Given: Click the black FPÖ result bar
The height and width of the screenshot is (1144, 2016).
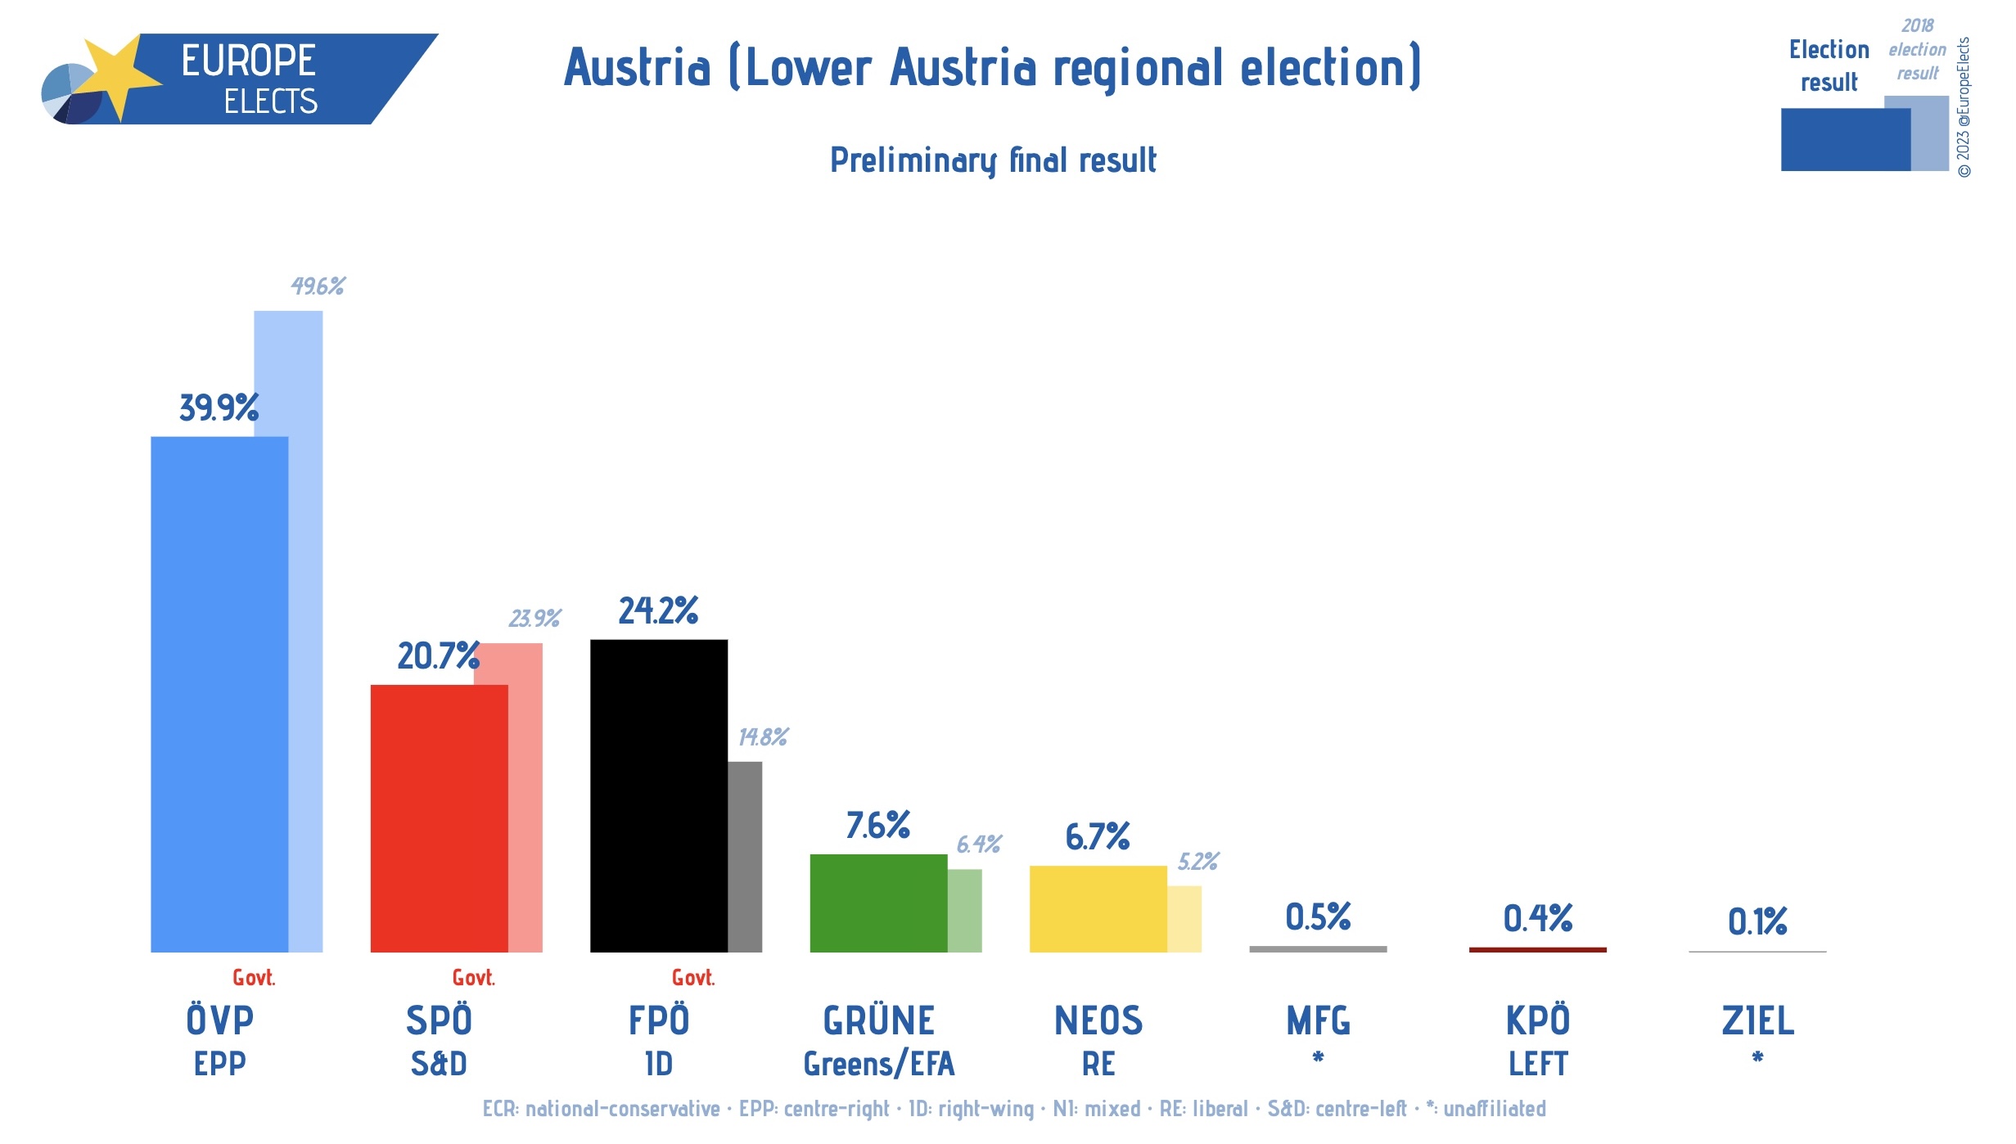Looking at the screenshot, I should (658, 795).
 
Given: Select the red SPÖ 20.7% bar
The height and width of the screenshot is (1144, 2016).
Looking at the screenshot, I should (439, 818).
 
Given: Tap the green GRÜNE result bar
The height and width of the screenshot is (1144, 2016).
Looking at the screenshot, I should (878, 903).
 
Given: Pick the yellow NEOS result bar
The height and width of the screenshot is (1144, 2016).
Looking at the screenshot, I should (1098, 909).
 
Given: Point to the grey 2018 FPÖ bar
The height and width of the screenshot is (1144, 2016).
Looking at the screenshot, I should (745, 857).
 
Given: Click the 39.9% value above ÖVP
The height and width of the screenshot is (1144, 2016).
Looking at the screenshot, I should (219, 408).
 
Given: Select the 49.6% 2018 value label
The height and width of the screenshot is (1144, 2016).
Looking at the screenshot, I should (318, 286).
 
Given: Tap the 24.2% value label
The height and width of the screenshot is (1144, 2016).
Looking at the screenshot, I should (658, 610).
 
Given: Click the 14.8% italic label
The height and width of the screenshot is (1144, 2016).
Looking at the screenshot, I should (762, 737).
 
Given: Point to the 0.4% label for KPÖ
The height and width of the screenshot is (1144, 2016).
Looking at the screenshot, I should (1537, 918).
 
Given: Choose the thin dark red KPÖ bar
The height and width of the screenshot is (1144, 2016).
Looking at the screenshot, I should (1537, 949).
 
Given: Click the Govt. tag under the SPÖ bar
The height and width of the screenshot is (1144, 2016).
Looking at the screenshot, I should (473, 978).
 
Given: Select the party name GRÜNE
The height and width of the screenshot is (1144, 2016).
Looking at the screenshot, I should (878, 1020).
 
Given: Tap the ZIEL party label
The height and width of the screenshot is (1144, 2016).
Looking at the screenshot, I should (1757, 1020).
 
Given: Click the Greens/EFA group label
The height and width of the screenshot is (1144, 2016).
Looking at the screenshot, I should (878, 1064).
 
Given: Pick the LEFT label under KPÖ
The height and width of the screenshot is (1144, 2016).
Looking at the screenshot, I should (1537, 1064).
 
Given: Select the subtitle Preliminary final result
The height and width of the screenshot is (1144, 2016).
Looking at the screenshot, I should (993, 160).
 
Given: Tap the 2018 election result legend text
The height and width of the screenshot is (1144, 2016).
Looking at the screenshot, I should (1917, 50).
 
